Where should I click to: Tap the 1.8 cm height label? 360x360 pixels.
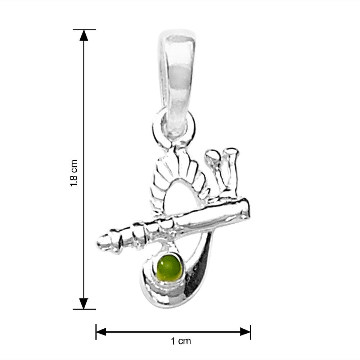tap(74, 173)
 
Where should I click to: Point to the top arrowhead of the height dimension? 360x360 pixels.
tap(84, 35)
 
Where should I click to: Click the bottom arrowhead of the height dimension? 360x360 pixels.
tap(84, 303)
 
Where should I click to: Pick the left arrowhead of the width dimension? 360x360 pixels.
tap(101, 332)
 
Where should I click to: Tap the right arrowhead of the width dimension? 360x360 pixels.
tap(246, 332)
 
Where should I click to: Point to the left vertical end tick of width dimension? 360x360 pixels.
tap(96, 332)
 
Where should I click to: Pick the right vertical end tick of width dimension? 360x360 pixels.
tap(251, 332)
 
